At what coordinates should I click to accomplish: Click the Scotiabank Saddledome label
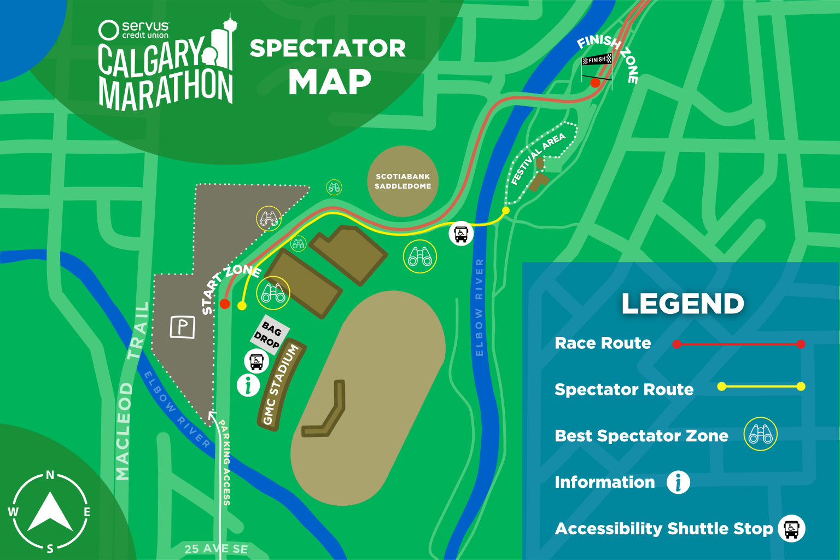click(403, 181)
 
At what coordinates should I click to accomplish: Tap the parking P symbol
click(182, 327)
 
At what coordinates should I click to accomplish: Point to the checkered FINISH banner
click(597, 60)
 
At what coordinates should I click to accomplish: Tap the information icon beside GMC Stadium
click(248, 384)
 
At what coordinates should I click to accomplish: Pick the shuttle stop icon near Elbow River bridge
click(461, 234)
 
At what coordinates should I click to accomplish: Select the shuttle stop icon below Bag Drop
click(256, 361)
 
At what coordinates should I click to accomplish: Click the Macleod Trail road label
click(131, 392)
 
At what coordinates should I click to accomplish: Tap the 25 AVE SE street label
click(216, 549)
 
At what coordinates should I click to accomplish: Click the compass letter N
click(50, 475)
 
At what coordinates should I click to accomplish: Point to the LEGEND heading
click(682, 304)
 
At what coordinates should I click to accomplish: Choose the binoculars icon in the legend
click(760, 435)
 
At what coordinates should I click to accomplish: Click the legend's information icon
click(678, 482)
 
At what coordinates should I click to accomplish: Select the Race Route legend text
click(603, 343)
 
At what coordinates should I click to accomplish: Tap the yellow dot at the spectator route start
click(242, 306)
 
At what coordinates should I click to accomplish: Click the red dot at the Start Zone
click(225, 304)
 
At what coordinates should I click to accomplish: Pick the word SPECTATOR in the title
click(328, 49)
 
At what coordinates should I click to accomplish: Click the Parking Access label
click(225, 462)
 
